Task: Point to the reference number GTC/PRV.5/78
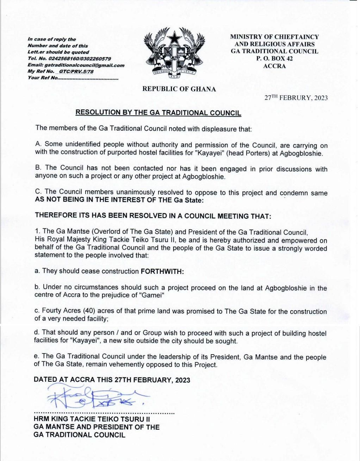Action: pyautogui.click(x=76, y=71)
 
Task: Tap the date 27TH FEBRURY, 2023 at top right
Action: pyautogui.click(x=296, y=98)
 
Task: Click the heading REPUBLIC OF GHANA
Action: pyautogui.click(x=179, y=89)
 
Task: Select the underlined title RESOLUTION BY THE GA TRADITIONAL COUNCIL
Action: pyautogui.click(x=159, y=113)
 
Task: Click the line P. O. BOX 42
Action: pyautogui.click(x=274, y=59)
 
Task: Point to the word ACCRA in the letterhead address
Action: pyautogui.click(x=274, y=66)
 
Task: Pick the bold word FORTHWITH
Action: pyautogui.click(x=162, y=271)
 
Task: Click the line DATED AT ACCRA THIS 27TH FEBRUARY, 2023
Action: pyautogui.click(x=112, y=380)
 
